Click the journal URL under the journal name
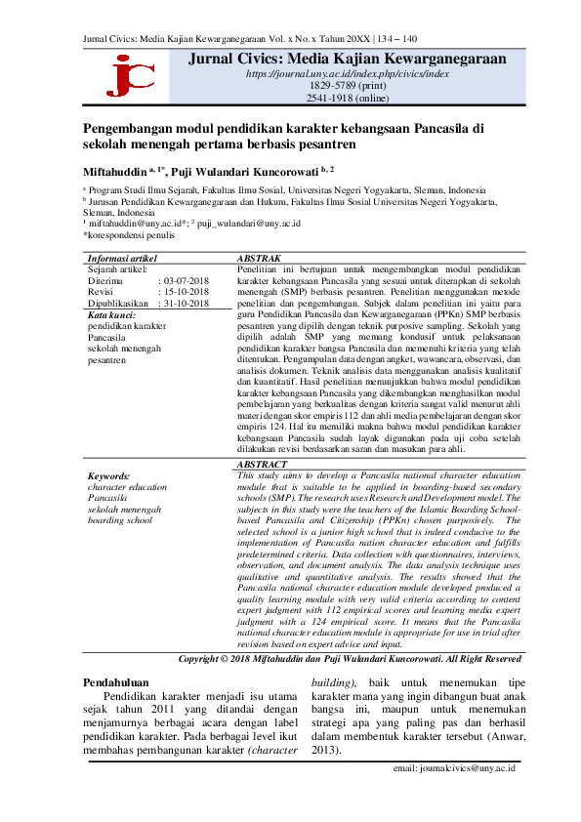coord(347,73)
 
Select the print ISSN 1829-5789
coord(348,86)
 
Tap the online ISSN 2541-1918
coord(348,99)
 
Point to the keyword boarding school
coord(119,519)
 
